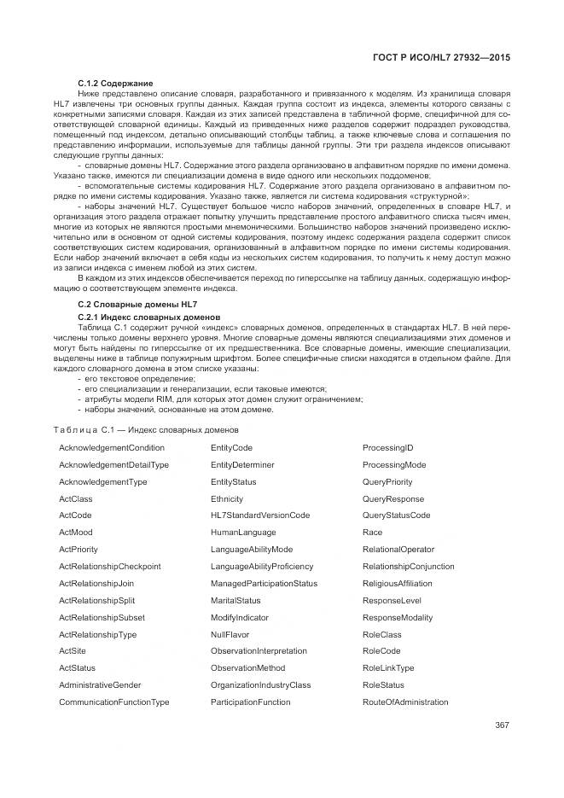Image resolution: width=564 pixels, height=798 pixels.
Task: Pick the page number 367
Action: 501,725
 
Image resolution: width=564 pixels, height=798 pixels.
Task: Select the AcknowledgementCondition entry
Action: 112,447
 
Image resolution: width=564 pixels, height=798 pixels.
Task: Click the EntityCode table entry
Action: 231,447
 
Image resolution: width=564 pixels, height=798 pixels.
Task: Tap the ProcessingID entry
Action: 387,447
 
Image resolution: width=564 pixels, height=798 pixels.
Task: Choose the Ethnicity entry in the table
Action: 227,498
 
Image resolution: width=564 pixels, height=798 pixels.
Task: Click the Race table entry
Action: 372,532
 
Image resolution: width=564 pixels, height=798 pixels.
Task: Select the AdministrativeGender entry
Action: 100,684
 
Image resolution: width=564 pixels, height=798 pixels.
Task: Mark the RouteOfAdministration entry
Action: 405,702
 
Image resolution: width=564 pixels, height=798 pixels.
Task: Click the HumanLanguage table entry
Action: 239,532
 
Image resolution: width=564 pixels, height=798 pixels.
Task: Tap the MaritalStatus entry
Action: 235,600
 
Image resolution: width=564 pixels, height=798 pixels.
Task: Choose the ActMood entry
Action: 76,532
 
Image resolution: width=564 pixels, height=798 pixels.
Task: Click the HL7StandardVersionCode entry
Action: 260,515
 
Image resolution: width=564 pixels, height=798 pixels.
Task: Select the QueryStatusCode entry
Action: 396,515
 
